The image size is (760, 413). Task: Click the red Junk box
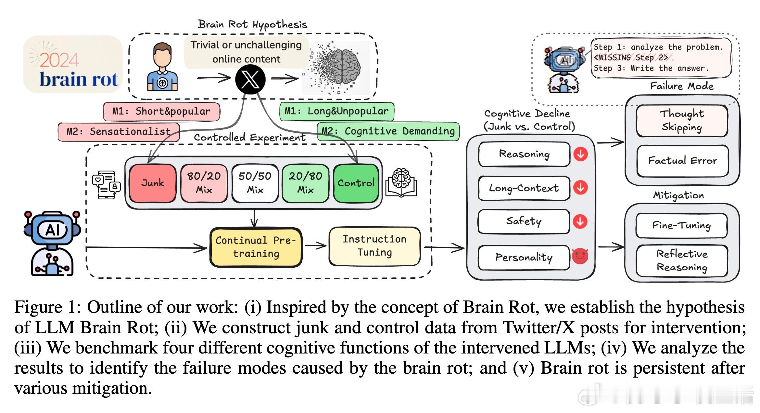[153, 183]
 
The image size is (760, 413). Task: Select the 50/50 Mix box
[255, 183]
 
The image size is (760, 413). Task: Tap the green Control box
[356, 183]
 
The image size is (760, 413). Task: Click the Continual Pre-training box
[256, 247]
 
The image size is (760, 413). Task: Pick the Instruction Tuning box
[374, 246]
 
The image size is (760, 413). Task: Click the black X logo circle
[250, 79]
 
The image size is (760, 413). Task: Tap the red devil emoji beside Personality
[580, 256]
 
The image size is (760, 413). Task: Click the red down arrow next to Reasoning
[580, 154]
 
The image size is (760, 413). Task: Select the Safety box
[524, 221]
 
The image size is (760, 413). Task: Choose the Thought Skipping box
[682, 121]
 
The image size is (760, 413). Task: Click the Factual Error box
[682, 161]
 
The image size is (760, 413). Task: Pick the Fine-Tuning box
[681, 225]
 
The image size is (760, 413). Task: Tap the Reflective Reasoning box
[682, 261]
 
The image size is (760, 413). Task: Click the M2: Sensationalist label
[119, 132]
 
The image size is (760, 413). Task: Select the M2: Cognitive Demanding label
[388, 131]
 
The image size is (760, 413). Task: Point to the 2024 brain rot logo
[73, 64]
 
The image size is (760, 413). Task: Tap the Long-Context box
[524, 188]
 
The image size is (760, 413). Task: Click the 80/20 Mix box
[204, 183]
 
